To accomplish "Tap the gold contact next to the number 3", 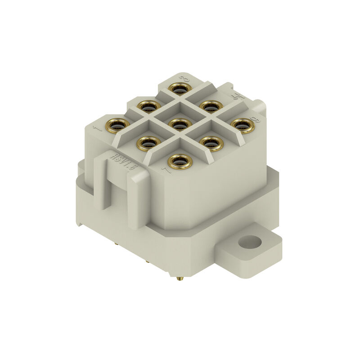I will tap(180, 88).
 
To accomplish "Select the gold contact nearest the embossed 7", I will tap(180, 161).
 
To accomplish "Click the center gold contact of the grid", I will tap(180, 124).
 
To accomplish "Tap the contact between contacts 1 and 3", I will tap(148, 106).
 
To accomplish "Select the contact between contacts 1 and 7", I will tap(148, 143).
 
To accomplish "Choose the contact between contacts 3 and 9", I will tap(211, 106).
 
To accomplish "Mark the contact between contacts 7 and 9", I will tap(211, 143).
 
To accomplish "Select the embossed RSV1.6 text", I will tap(123, 162).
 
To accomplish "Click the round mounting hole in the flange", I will tap(249, 243).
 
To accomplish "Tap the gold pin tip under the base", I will tap(180, 279).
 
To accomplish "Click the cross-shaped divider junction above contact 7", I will tap(180, 142).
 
